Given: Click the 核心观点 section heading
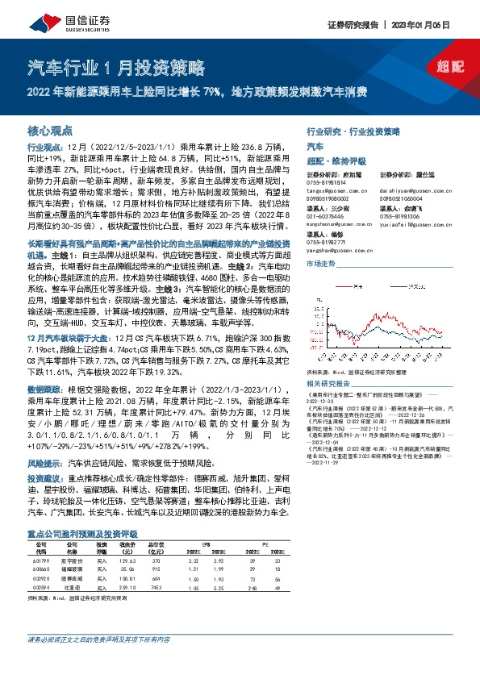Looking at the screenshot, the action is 50,130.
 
